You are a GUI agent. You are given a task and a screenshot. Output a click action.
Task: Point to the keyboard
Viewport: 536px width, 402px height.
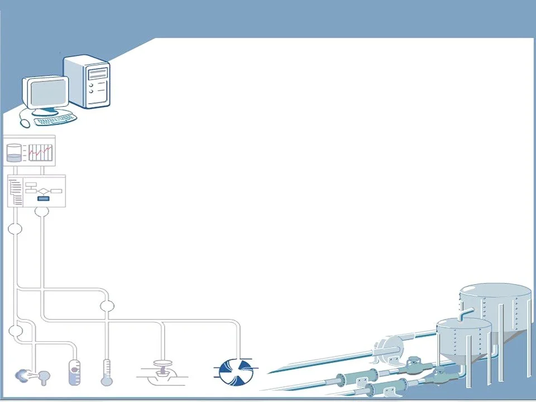55,118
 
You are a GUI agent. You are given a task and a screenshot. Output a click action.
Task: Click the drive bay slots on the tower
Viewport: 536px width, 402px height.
98,72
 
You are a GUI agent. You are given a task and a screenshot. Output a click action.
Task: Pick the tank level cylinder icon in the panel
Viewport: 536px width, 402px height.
14,153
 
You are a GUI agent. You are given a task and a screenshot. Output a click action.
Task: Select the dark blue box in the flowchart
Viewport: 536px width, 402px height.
43,198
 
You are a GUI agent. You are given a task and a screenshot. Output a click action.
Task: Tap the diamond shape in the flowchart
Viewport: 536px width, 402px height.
43,191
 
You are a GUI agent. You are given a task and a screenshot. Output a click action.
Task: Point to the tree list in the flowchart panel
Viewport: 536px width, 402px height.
16,191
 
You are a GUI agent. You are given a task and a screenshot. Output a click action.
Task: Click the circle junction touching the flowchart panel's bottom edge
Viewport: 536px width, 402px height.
41,210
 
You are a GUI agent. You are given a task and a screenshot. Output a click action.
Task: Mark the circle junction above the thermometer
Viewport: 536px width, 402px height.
107,306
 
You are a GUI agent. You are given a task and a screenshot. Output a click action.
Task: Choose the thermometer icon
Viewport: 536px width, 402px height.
106,373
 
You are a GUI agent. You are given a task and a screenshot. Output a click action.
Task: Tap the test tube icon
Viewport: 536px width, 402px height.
75,372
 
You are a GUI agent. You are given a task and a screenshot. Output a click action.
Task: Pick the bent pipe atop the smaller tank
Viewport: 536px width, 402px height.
463,313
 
